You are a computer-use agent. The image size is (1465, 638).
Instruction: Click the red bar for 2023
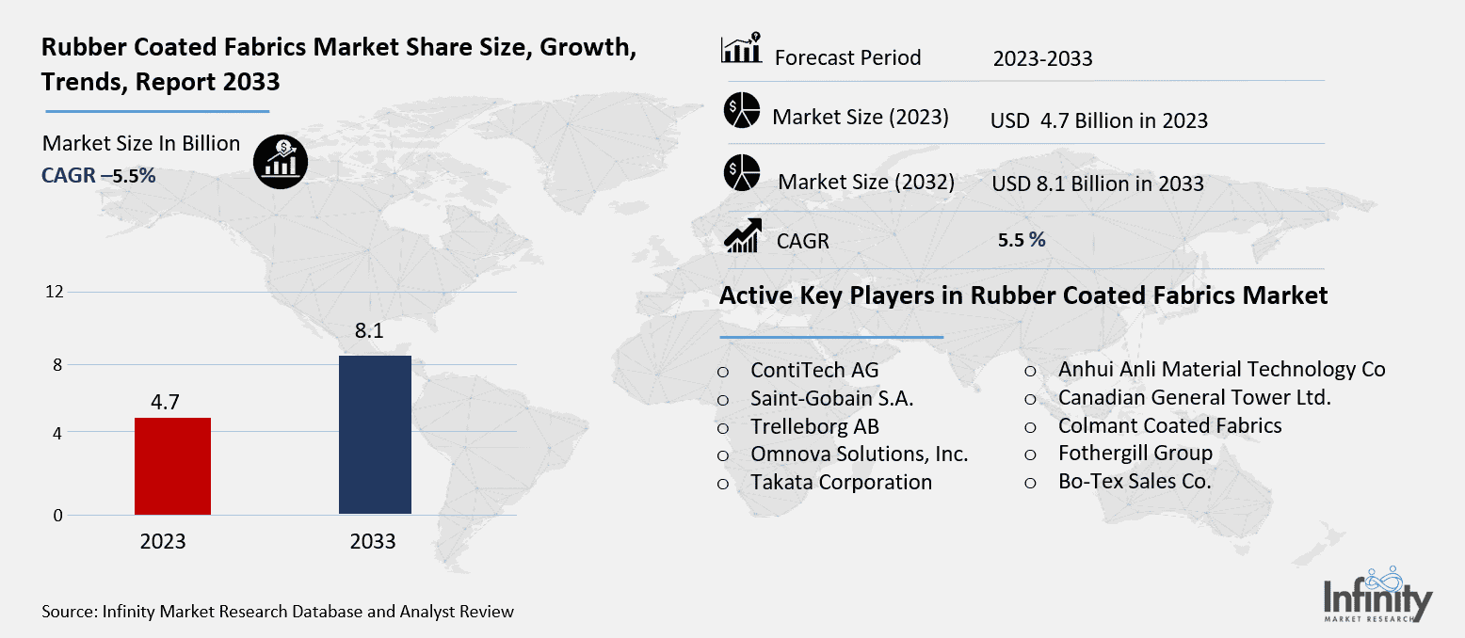tap(172, 466)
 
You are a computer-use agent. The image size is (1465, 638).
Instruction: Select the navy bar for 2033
tap(374, 435)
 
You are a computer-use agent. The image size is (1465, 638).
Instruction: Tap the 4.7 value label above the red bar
tap(166, 403)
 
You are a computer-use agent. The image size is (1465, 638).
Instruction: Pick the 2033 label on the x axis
tap(373, 542)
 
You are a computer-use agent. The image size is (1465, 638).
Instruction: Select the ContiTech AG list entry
tap(814, 370)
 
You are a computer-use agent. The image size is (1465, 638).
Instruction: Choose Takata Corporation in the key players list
tap(841, 483)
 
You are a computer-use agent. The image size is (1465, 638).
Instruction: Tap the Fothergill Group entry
tap(1135, 454)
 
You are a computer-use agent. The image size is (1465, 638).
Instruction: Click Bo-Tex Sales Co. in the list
tap(1135, 483)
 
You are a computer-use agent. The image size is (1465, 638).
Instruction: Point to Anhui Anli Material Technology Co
tap(1221, 370)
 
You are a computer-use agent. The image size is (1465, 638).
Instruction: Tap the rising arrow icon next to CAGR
tap(742, 235)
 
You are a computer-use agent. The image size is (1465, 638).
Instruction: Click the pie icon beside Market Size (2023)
tap(741, 111)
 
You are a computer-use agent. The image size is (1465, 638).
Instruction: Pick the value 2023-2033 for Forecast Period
tap(1042, 59)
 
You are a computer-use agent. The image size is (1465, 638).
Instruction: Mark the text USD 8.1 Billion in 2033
tap(1098, 183)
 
